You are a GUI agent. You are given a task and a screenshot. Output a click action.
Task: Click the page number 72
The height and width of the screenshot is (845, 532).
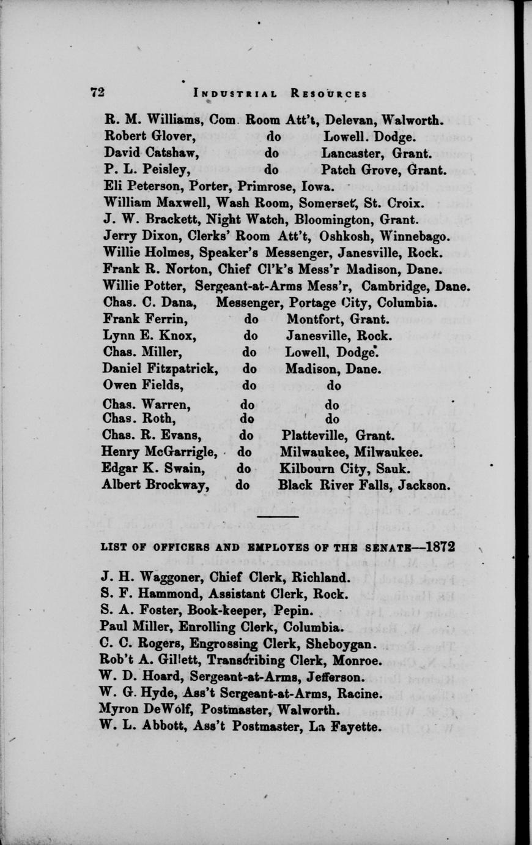97,92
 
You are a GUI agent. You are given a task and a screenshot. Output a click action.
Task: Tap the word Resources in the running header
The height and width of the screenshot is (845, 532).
329,94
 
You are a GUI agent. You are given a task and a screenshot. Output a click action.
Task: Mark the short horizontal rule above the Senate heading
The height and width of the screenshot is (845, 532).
278,517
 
